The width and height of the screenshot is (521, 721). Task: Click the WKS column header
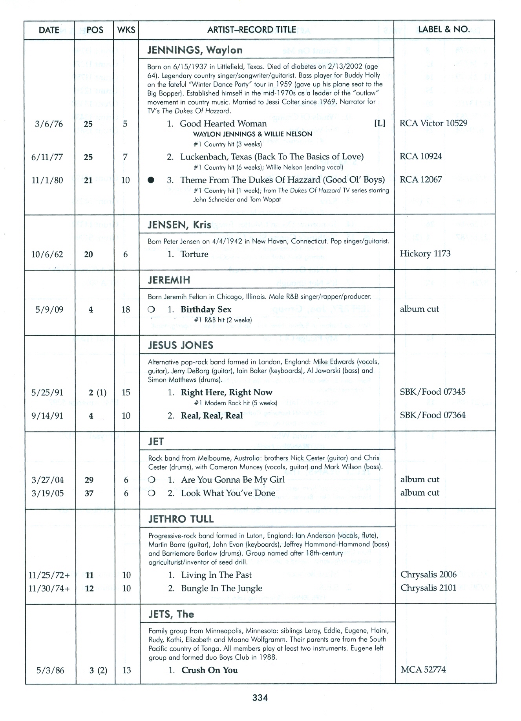tap(126, 30)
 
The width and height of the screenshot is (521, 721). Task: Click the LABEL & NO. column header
tap(444, 29)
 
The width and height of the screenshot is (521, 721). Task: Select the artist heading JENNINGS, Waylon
tap(195, 50)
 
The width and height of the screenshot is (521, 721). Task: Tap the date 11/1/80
tap(47, 180)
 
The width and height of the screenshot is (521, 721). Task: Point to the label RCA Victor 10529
tap(433, 123)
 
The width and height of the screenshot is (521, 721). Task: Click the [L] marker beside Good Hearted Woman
tap(380, 123)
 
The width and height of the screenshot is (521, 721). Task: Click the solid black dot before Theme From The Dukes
tap(151, 180)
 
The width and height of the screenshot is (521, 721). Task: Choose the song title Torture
tap(194, 254)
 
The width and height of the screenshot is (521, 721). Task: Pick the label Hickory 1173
tap(425, 254)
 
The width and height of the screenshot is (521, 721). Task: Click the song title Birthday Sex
tap(206, 309)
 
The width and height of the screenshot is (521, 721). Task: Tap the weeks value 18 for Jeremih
tap(126, 309)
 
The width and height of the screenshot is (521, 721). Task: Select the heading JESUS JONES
tap(181, 345)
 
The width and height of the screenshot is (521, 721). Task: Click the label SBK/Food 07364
tap(432, 415)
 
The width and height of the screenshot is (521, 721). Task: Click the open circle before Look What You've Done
tap(152, 493)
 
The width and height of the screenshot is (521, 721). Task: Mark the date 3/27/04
tap(48, 480)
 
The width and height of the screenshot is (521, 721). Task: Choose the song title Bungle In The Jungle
tap(221, 588)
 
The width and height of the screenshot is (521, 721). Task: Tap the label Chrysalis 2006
tap(428, 575)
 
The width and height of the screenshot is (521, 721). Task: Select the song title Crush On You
tap(209, 670)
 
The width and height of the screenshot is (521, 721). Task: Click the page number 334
tap(260, 697)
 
